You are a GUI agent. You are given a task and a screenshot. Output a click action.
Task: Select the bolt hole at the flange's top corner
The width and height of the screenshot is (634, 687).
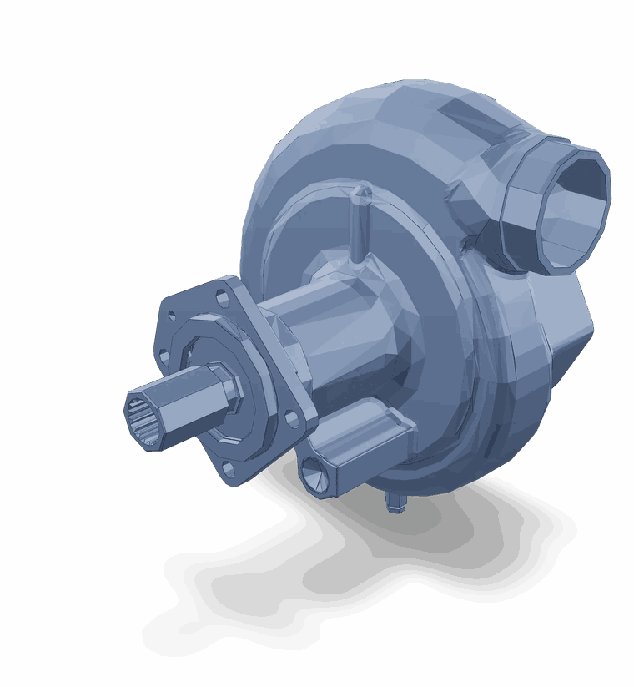(x=222, y=296)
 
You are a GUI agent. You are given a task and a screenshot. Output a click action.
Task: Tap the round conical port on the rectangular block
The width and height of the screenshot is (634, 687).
(x=314, y=474)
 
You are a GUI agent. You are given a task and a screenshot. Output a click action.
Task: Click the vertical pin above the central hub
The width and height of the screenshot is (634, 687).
(x=360, y=230)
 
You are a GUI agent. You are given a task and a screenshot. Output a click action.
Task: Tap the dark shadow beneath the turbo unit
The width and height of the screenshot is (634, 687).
(x=334, y=584)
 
